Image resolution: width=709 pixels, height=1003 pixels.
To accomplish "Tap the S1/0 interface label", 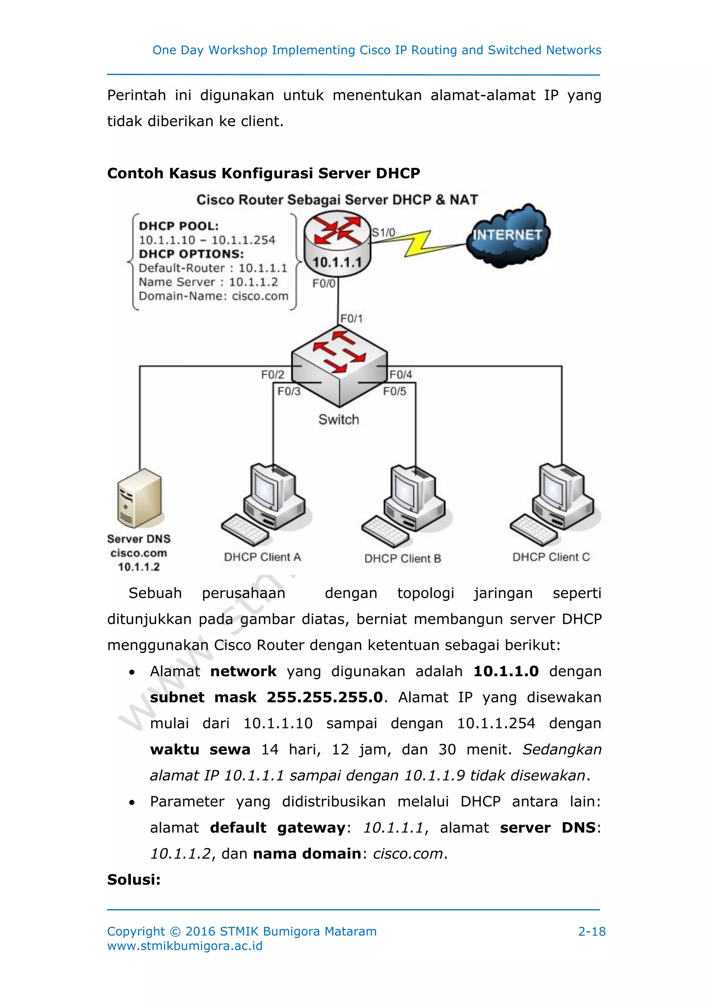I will pyautogui.click(x=383, y=232).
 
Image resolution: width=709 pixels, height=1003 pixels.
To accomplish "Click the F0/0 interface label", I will pyautogui.click(x=323, y=284).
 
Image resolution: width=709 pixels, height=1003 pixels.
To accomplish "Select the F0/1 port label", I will pyautogui.click(x=351, y=319).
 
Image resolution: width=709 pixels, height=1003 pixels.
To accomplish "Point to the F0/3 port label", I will pyautogui.click(x=289, y=391).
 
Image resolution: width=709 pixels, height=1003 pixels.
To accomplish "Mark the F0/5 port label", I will pyautogui.click(x=394, y=391).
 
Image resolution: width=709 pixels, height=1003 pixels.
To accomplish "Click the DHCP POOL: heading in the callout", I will pyautogui.click(x=179, y=226).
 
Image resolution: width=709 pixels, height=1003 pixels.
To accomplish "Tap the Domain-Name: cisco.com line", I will pyautogui.click(x=213, y=296).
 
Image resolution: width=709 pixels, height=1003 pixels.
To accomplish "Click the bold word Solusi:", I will pyautogui.click(x=134, y=879).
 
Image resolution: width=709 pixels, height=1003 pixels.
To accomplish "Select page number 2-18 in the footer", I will pyautogui.click(x=592, y=931).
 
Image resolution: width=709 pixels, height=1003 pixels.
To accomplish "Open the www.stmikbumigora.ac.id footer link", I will pyautogui.click(x=185, y=946).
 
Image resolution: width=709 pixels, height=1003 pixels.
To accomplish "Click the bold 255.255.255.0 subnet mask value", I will pyautogui.click(x=325, y=697).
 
